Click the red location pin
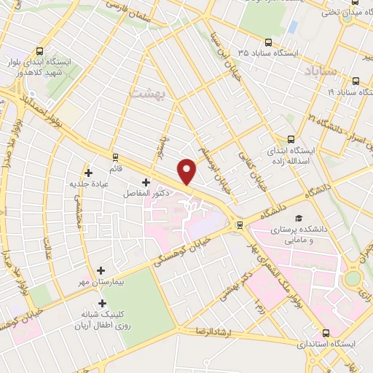tap(188, 171)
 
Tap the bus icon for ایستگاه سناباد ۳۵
tap(268, 43)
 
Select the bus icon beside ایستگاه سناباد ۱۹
tap(356, 82)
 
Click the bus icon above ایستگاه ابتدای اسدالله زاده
tap(291, 139)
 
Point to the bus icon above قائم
tap(115, 157)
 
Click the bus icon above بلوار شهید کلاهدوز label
tap(39, 52)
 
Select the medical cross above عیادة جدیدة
tap(89, 173)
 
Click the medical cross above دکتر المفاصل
tap(146, 182)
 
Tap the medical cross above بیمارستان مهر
tap(101, 270)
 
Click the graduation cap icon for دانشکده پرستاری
tap(297, 218)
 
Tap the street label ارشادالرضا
tap(212, 331)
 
